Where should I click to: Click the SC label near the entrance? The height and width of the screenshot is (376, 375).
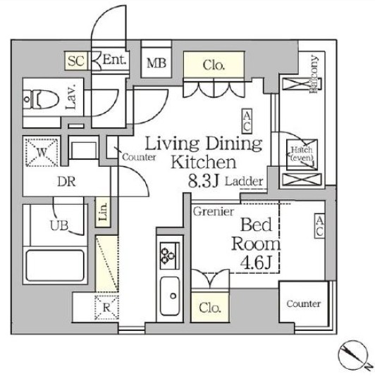[75, 61]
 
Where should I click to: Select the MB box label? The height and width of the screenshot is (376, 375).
[156, 62]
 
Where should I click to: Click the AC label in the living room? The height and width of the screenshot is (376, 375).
[247, 120]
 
